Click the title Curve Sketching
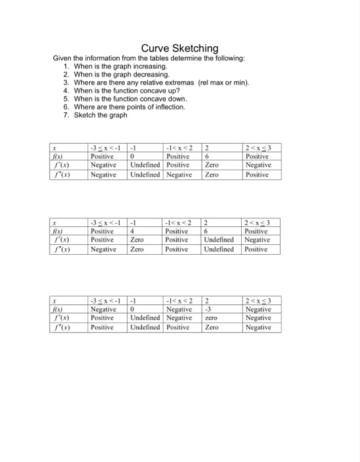(x=180, y=48)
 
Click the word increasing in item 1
(x=148, y=67)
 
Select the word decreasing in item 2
(x=149, y=75)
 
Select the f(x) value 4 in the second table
(x=133, y=232)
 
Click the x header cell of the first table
(x=60, y=148)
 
